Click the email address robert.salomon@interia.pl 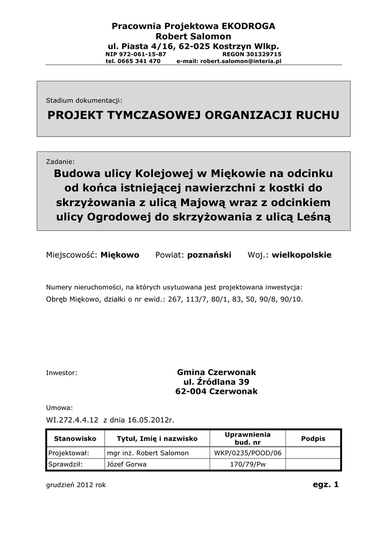coord(241,61)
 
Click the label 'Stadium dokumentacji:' coord(84,100)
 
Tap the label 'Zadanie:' coord(60,161)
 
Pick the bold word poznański coord(209,255)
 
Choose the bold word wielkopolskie coord(301,255)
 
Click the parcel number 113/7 coord(195,300)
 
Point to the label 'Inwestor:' coord(62,372)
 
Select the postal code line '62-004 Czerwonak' coord(216,391)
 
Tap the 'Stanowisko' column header coord(75,438)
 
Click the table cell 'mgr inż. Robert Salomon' coord(148,453)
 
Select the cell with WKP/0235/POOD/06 coord(247,453)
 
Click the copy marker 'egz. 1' coord(326,484)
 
